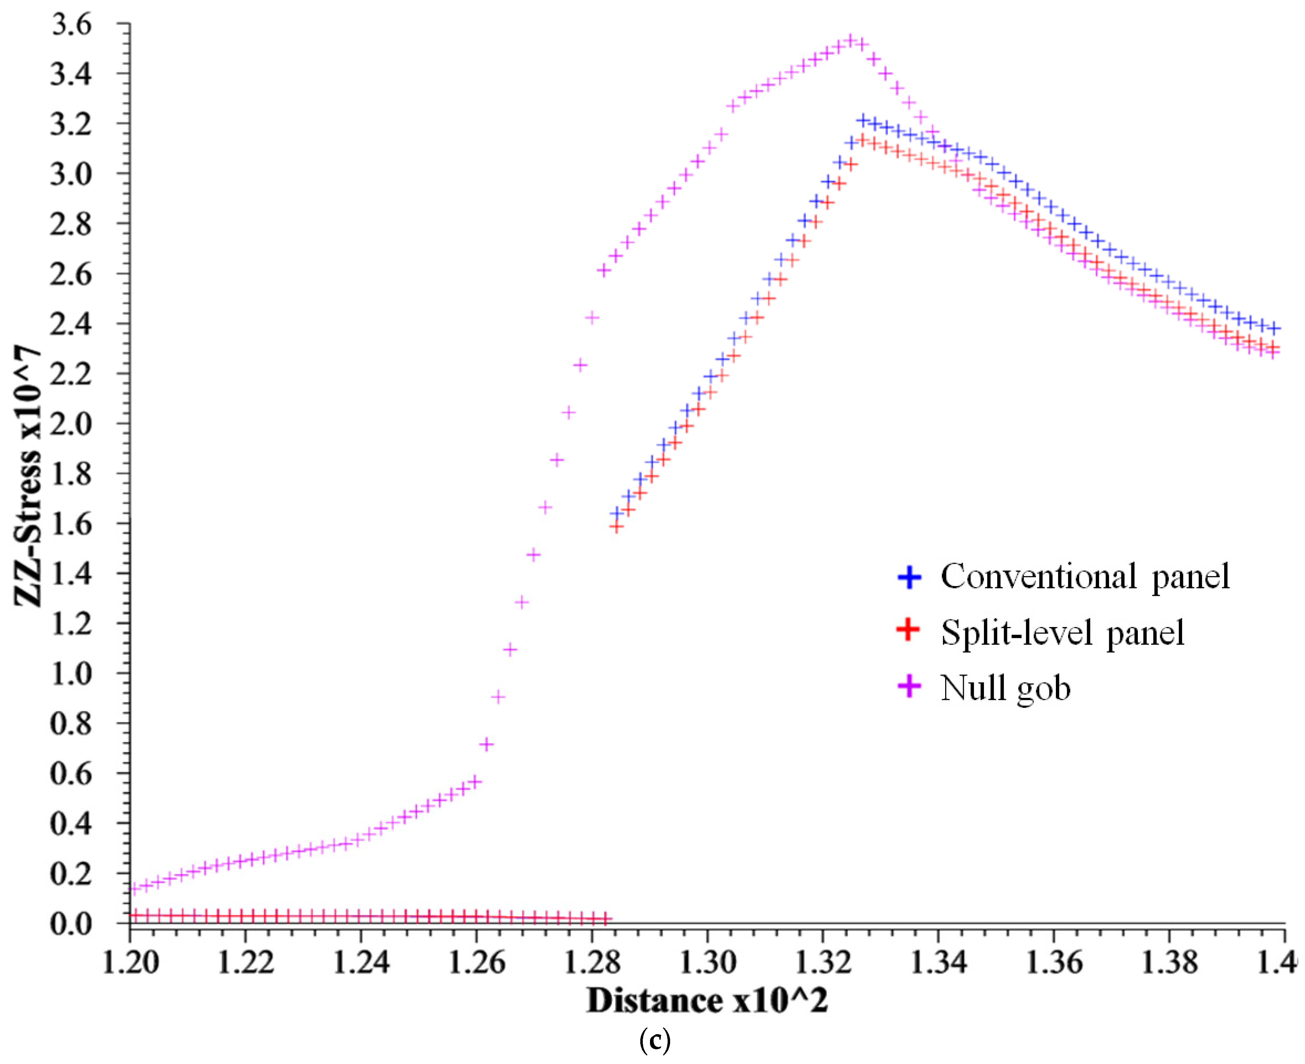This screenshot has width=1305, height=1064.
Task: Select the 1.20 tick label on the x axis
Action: click(x=130, y=963)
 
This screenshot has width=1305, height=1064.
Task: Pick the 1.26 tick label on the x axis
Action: click(x=476, y=963)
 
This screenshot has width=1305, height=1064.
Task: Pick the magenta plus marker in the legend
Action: click(x=910, y=686)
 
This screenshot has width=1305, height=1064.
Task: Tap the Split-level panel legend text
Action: click(x=1063, y=632)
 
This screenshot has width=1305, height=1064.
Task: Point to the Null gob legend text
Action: click(x=1006, y=688)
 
